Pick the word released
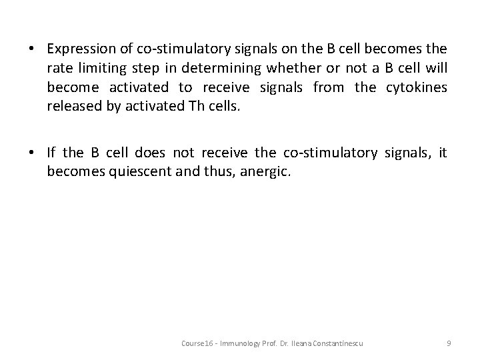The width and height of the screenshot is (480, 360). click(72, 107)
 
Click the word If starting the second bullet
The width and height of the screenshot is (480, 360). click(51, 153)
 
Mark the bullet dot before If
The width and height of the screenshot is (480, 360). click(32, 153)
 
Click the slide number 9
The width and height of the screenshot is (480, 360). click(449, 343)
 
